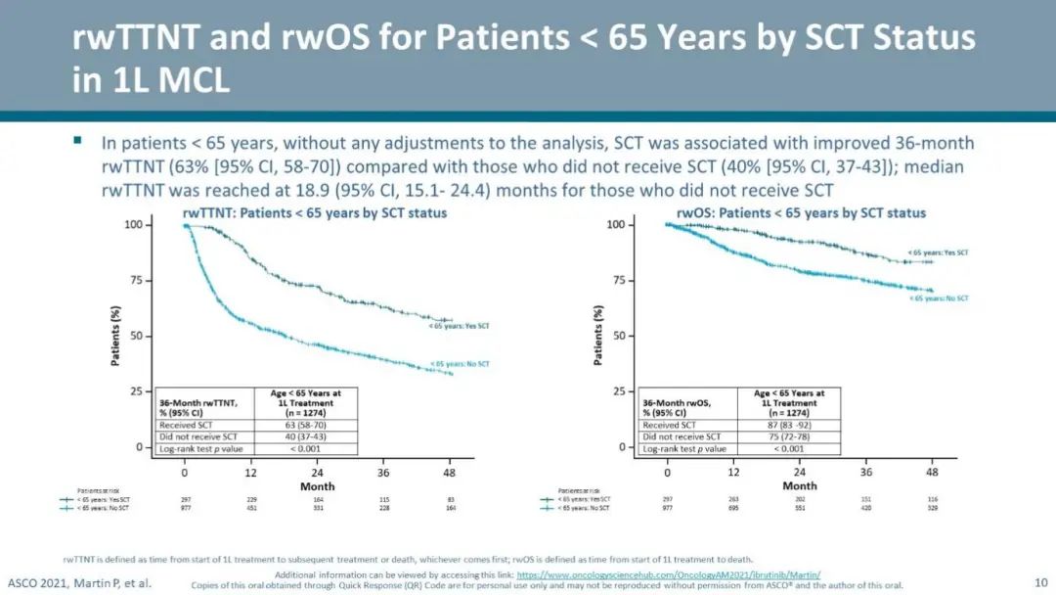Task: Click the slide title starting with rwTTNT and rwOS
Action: (x=523, y=58)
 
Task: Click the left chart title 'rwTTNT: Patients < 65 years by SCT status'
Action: (x=315, y=212)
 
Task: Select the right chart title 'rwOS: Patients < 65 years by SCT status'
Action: (x=800, y=212)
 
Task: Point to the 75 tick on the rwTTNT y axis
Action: (x=137, y=281)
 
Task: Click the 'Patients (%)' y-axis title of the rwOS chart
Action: (x=598, y=336)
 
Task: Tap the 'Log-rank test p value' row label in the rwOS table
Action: (x=684, y=448)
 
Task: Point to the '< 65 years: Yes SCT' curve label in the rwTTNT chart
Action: (x=460, y=326)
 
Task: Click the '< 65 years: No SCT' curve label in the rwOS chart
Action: (x=939, y=297)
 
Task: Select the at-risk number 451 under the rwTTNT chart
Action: (x=250, y=508)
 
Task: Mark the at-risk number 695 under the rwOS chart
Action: (x=733, y=508)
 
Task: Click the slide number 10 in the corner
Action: (x=1039, y=580)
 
